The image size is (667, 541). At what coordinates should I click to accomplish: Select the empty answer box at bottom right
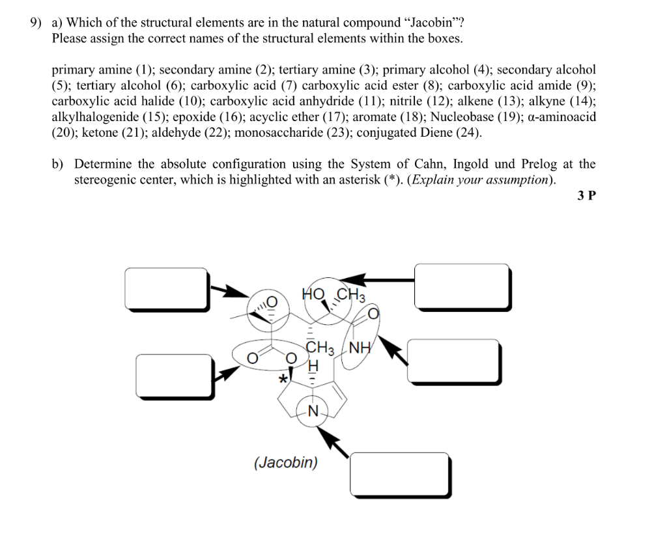400,474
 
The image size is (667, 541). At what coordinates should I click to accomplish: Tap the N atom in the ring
313,411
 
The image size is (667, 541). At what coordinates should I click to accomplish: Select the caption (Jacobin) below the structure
286,463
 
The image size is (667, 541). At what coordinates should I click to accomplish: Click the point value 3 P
586,196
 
